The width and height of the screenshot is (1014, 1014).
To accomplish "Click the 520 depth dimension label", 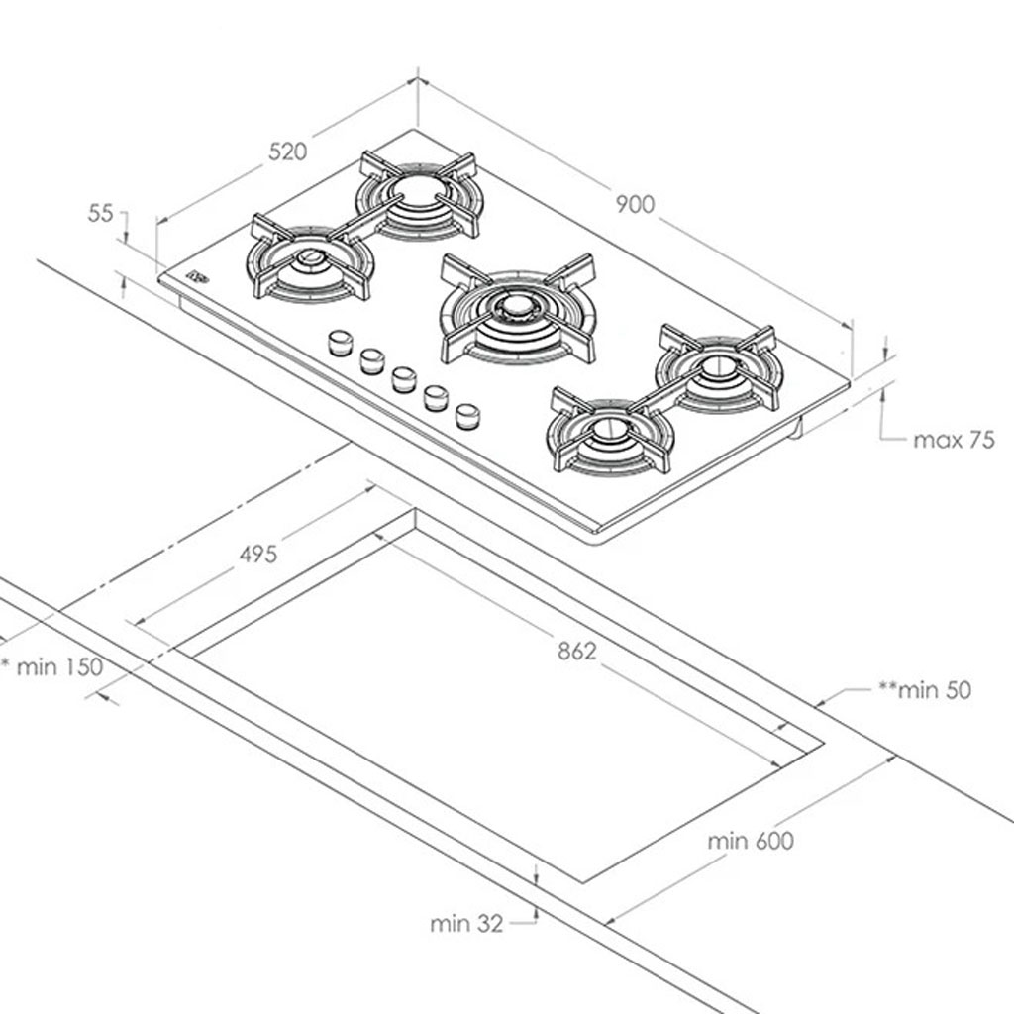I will click(288, 152).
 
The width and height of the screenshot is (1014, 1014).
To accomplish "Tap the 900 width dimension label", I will click(635, 204).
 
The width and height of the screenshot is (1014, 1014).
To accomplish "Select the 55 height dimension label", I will click(101, 213).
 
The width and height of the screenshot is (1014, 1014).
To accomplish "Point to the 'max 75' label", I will click(953, 440).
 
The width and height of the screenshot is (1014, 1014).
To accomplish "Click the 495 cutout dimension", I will click(257, 555).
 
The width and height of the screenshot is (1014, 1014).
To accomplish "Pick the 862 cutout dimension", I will click(577, 651).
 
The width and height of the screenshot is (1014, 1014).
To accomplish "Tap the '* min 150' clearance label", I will click(53, 666).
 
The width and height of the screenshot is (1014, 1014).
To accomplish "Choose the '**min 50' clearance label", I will click(925, 690).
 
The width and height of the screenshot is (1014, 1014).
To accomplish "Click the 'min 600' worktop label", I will click(751, 841).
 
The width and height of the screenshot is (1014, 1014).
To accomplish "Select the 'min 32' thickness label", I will click(466, 924).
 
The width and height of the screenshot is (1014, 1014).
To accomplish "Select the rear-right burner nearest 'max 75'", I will click(718, 367).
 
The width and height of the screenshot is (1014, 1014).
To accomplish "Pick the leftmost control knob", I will click(341, 343).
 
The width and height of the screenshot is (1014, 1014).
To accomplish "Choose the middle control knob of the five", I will click(403, 379).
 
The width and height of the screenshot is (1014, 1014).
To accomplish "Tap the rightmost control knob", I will click(467, 415).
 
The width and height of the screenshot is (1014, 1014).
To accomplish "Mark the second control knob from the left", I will click(372, 360).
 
